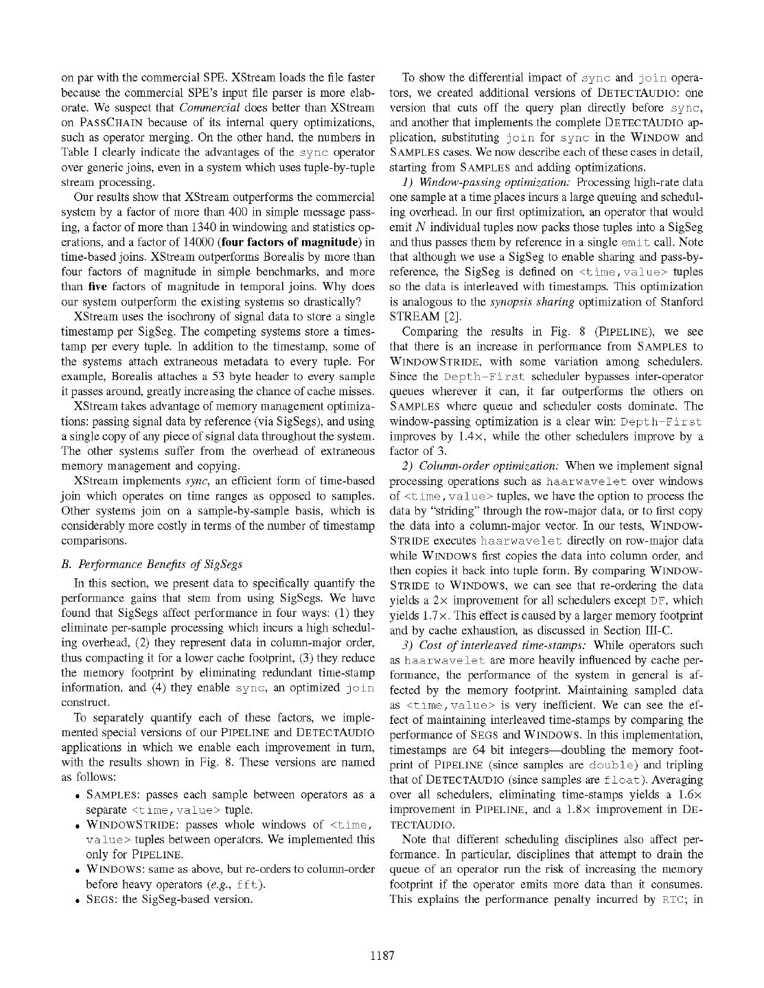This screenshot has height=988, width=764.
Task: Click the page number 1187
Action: (382, 955)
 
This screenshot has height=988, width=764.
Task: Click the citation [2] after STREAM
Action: (452, 317)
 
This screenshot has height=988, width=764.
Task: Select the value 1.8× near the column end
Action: (614, 810)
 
